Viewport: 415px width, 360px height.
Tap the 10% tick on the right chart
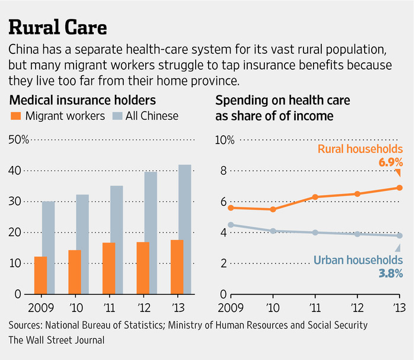tap(225, 140)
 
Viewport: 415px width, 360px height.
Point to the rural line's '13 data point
tap(400, 187)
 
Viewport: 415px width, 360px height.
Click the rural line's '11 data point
tap(315, 197)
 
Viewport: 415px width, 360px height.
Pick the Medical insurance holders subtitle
tap(82, 100)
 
